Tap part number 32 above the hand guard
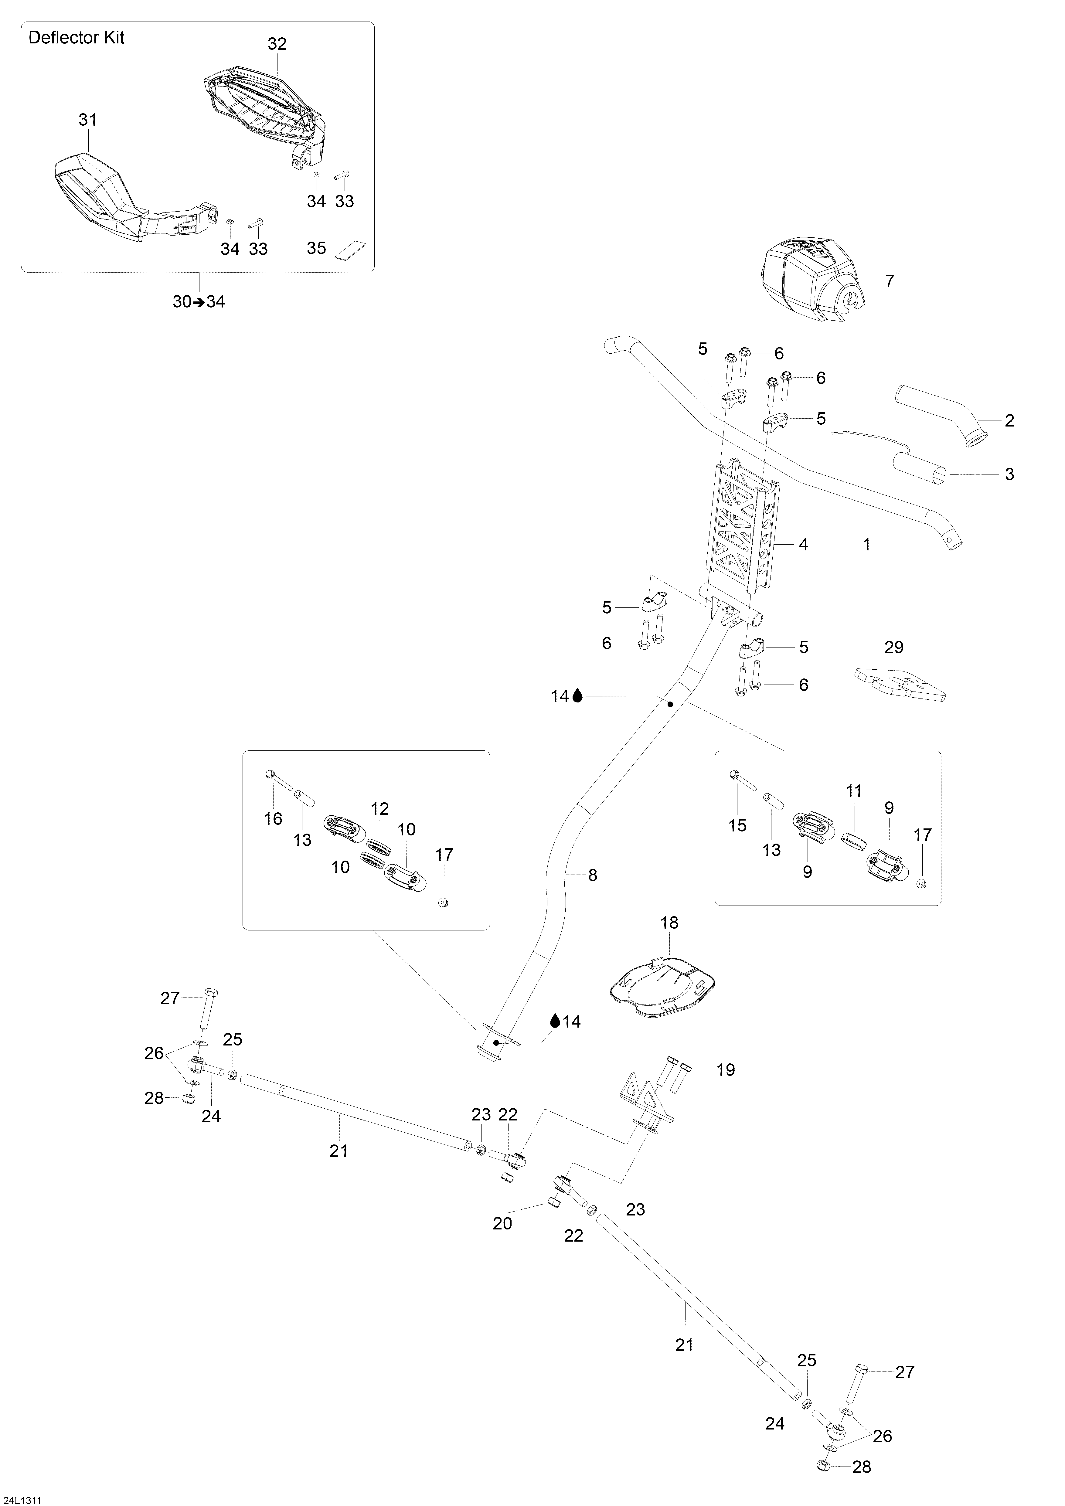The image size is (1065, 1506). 277,44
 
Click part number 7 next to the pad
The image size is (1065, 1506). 889,281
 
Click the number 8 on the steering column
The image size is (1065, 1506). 593,875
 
